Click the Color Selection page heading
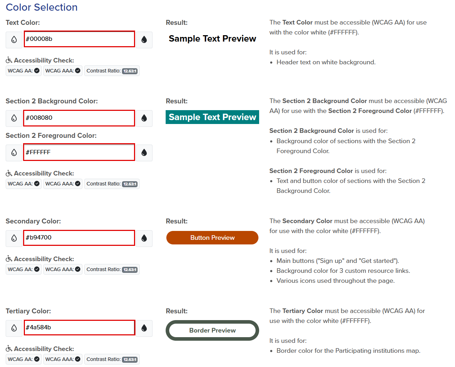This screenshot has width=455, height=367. pos(42,7)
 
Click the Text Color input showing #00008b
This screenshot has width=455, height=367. pos(79,39)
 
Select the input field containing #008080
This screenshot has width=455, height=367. pos(79,118)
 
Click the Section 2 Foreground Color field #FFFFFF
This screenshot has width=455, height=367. pos(79,152)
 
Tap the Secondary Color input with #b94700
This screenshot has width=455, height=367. pos(79,238)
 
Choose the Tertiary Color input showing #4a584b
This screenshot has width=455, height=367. pos(79,328)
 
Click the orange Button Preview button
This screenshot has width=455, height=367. pos(212,238)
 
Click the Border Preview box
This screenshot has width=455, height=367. pos(212,330)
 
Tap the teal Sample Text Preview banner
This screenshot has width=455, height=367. pos(212,117)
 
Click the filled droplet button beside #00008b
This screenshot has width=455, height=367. pos(144,39)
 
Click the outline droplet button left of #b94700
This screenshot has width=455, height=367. pos(14,238)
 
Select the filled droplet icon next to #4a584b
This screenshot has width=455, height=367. pos(144,328)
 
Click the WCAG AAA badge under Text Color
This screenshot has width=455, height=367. pos(63,71)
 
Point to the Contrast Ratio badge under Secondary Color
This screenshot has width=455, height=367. pos(112,269)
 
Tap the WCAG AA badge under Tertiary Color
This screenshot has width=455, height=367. pos(23,359)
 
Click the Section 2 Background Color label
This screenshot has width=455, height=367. pos(52,101)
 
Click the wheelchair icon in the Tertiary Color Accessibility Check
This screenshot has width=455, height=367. pos(9,349)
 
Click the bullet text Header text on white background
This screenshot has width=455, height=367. pos(326,62)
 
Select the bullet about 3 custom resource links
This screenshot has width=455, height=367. pos(343,271)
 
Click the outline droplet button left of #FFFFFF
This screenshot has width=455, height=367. pos(14,153)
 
